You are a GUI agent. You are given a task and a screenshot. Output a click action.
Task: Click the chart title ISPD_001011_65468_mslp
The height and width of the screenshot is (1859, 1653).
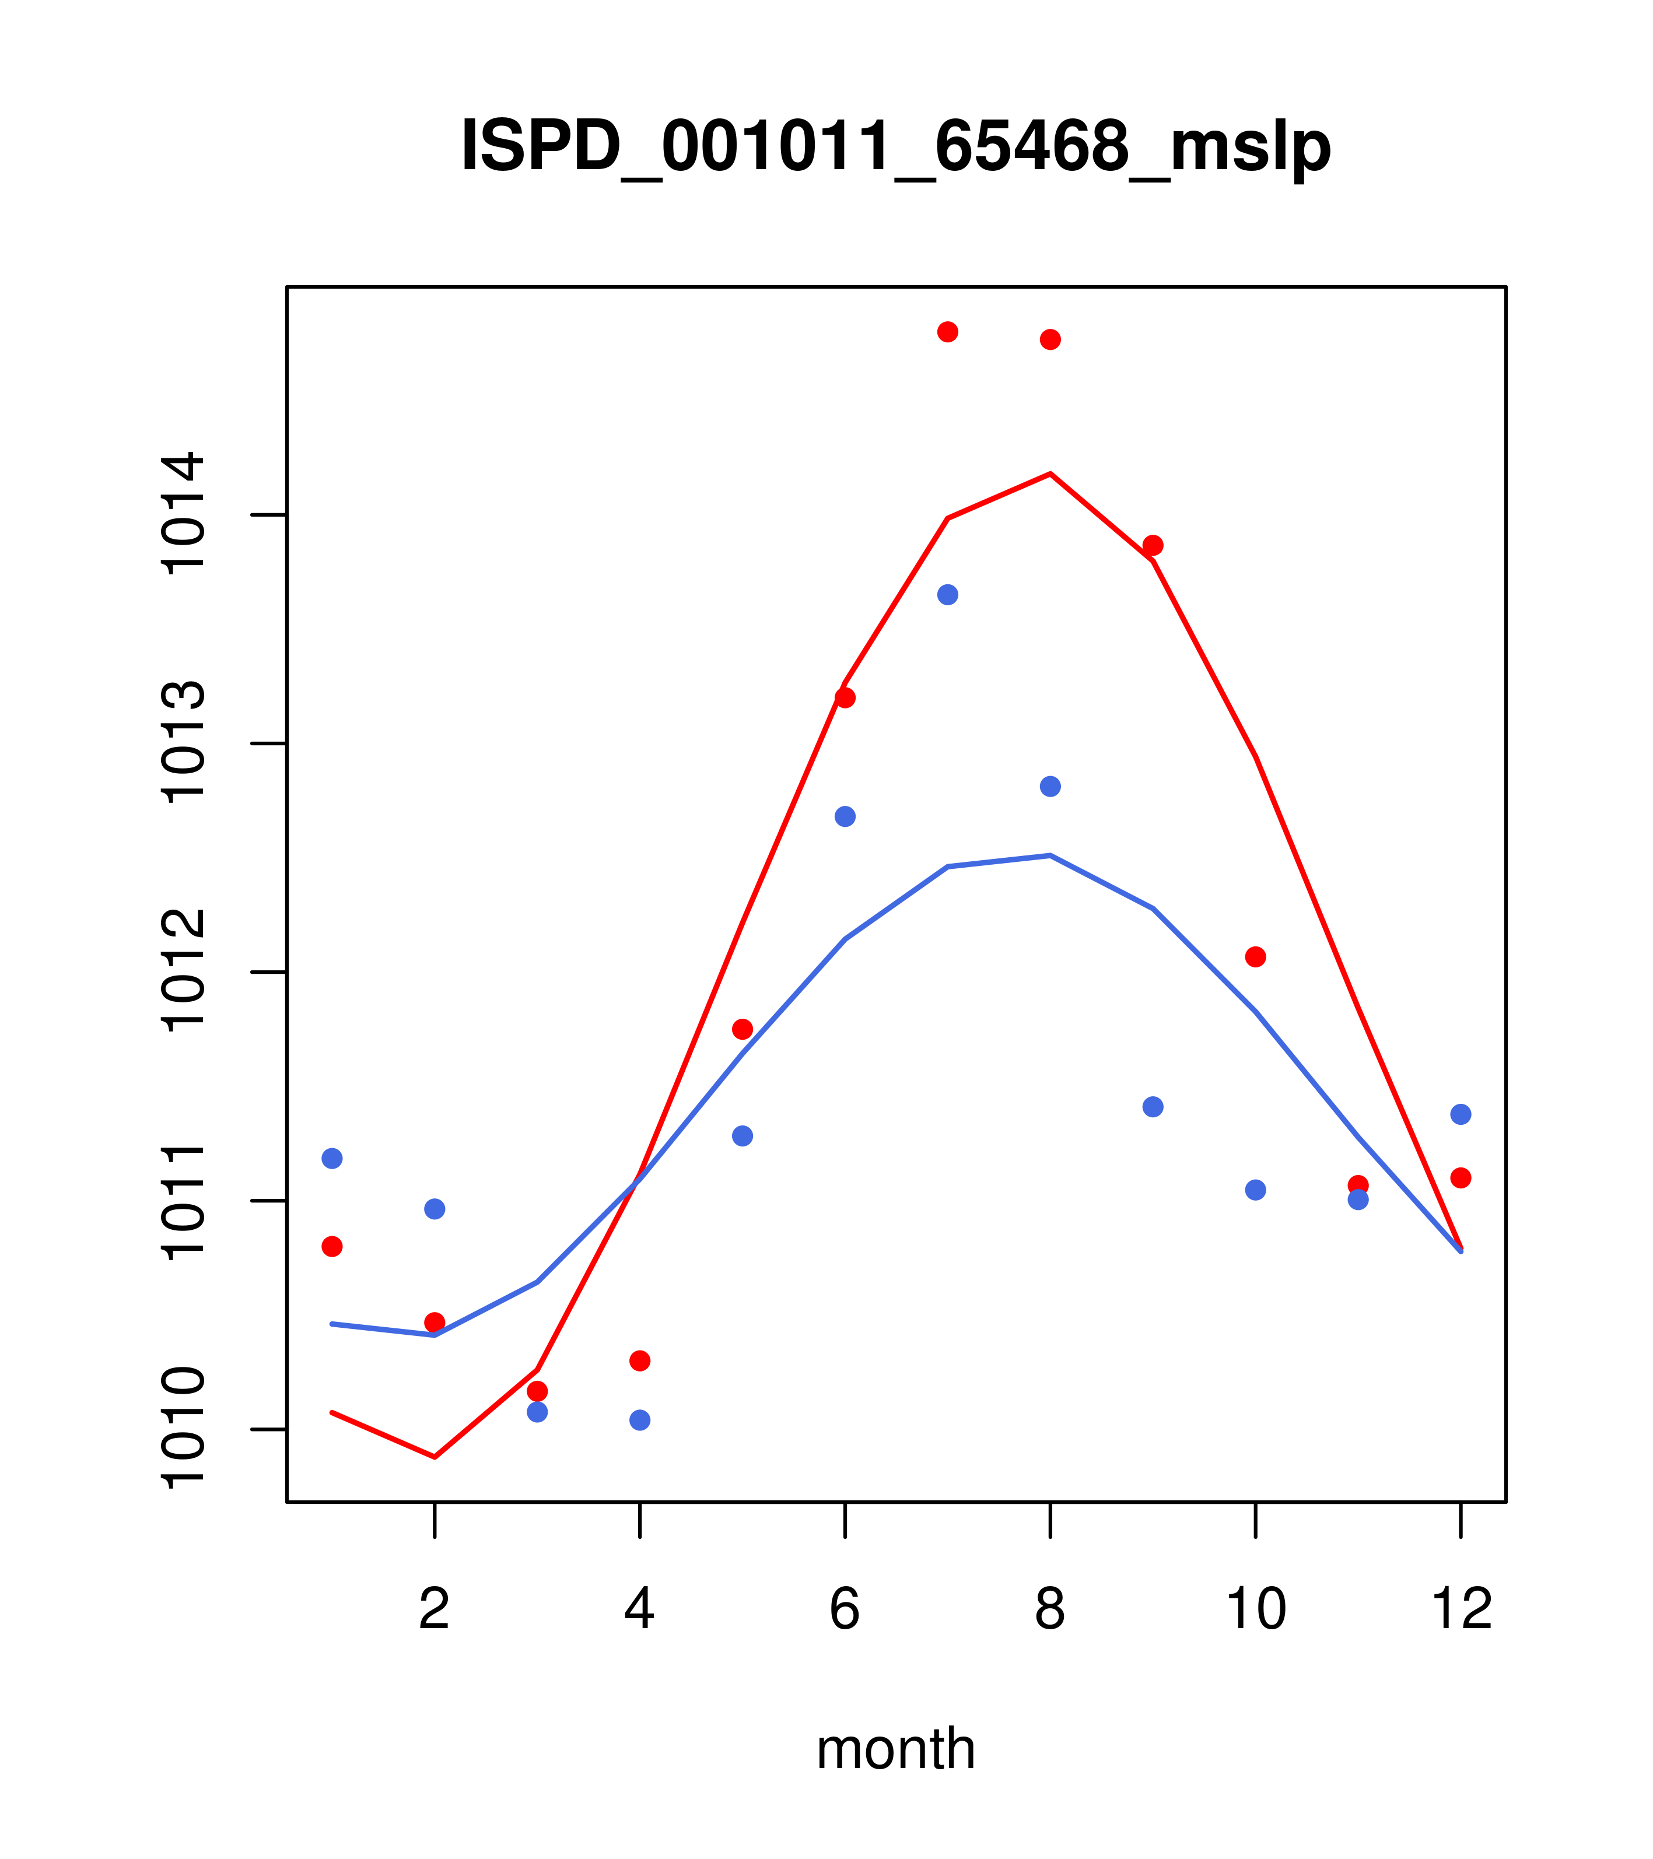(895, 146)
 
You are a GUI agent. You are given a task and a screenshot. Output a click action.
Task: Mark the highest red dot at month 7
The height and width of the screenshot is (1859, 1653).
(947, 332)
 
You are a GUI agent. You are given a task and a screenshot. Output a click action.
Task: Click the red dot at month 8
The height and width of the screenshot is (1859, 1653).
(1050, 339)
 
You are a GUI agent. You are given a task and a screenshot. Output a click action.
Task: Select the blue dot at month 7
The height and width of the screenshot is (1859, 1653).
(947, 595)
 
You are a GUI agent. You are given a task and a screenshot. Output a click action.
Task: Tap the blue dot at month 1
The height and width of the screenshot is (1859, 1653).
(332, 1158)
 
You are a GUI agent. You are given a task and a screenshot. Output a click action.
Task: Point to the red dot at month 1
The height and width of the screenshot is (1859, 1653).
(332, 1246)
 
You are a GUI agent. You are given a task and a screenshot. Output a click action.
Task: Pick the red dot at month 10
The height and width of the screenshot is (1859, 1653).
(1255, 957)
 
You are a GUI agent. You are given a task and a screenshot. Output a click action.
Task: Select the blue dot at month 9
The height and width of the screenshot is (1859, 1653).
(1153, 1107)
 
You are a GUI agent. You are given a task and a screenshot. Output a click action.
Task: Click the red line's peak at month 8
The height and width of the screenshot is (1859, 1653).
(1050, 474)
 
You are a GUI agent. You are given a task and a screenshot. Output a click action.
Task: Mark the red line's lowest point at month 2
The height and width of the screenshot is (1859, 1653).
(435, 1457)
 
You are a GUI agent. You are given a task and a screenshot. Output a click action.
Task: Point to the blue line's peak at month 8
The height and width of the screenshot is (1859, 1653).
(1050, 855)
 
